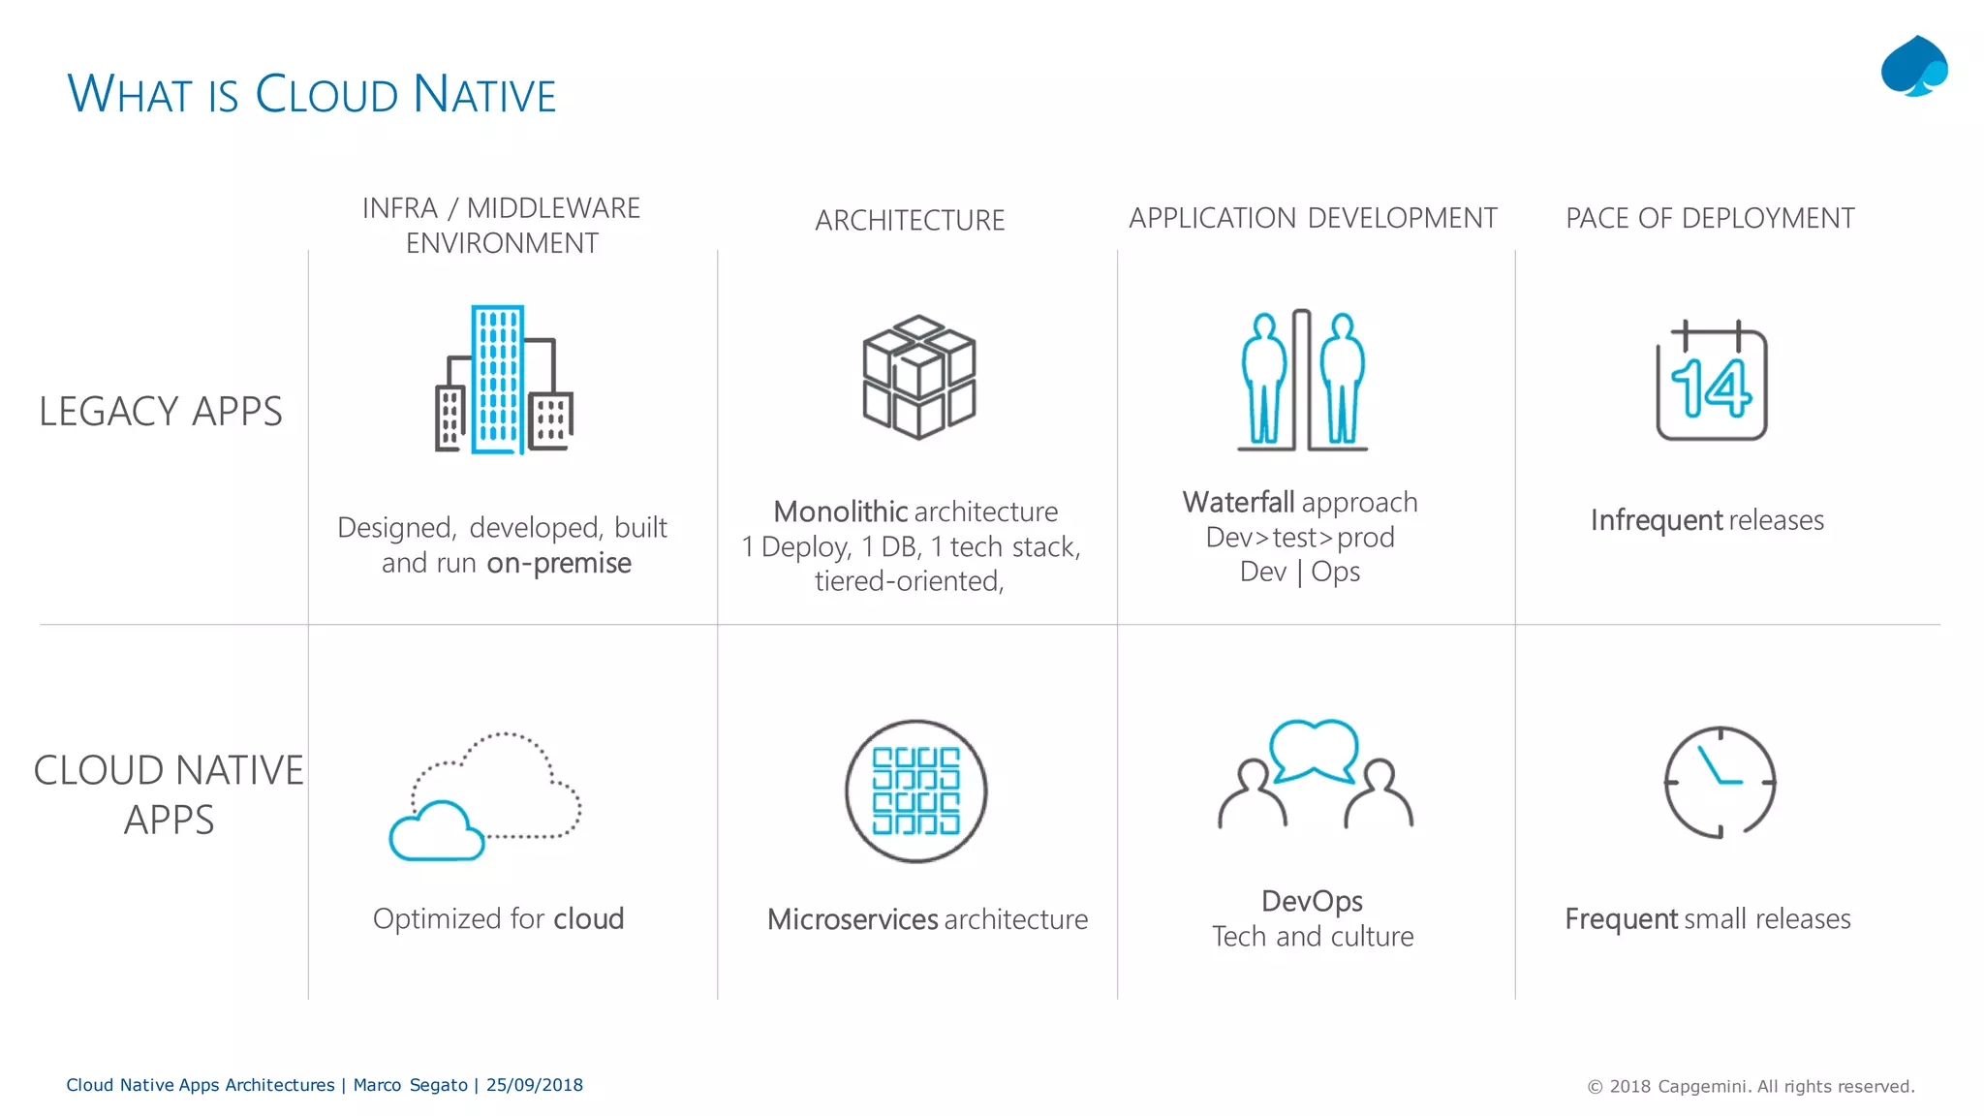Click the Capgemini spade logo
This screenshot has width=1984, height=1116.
coord(1913,67)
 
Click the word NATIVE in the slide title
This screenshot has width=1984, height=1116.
coord(483,95)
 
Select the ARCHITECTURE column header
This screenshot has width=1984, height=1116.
coord(910,221)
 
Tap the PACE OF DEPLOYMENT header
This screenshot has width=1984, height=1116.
coord(1710,219)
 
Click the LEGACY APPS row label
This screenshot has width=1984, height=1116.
coord(161,412)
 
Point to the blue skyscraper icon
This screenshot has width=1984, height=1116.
coord(498,379)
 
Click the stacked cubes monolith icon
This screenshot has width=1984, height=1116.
coord(918,377)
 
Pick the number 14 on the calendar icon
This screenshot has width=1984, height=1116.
coord(1711,388)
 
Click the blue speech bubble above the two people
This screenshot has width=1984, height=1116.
coord(1313,749)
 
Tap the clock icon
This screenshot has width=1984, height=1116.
coord(1720,782)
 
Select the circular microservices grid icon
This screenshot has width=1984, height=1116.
coord(915,790)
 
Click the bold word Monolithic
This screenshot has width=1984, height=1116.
coord(839,511)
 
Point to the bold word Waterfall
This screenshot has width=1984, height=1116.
coord(1238,503)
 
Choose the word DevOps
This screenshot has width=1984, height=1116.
coord(1312,901)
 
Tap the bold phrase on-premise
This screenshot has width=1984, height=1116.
coord(559,563)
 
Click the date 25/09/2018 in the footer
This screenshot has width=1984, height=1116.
coord(535,1085)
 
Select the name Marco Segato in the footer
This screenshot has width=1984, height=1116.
coord(410,1085)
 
